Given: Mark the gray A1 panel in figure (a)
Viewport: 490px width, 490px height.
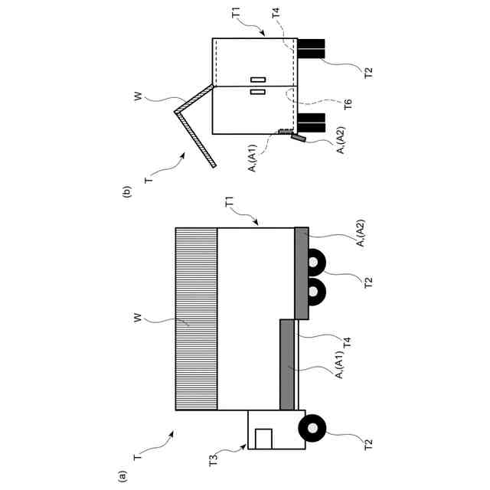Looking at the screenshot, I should tap(288, 364).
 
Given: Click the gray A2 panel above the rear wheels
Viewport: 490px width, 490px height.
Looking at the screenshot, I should tap(302, 271).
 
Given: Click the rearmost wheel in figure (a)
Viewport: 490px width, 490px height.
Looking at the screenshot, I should tap(315, 263).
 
